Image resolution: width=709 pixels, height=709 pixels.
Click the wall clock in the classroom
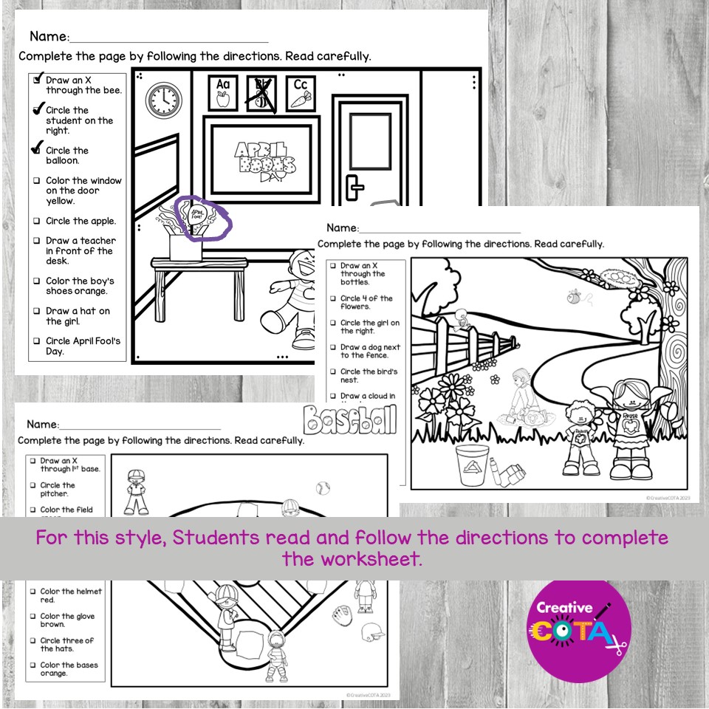coord(162,99)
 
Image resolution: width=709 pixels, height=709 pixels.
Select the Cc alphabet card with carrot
coord(301,93)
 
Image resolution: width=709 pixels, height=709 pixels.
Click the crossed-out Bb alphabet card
coord(262,94)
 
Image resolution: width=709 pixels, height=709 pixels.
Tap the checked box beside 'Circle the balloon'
coord(35,150)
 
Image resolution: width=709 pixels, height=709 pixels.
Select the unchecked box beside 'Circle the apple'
coord(36,221)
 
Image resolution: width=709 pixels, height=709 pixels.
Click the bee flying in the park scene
coord(573,297)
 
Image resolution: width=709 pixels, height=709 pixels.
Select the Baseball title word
coord(349,421)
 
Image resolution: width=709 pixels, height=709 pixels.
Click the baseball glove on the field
coord(340,612)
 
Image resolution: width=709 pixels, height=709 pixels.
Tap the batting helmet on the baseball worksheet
coord(371,632)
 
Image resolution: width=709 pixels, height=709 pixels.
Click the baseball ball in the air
coord(322,488)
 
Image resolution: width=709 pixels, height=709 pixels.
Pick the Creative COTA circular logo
coord(580,629)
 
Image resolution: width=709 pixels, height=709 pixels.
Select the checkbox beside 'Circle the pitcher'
coord(32,485)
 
